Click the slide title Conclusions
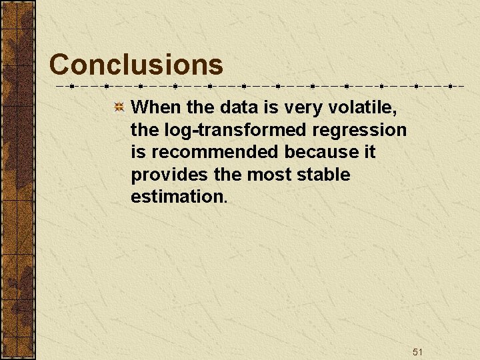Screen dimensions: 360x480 pos(136,65)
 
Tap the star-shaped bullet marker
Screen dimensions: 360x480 pos(118,107)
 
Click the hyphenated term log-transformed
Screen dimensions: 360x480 pos(231,129)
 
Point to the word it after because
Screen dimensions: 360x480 pos(370,152)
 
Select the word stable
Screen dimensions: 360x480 pos(323,175)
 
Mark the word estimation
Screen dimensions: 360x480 pos(179,197)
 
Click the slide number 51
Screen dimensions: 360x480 pos(418,351)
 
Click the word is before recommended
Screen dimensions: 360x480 pos(139,152)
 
